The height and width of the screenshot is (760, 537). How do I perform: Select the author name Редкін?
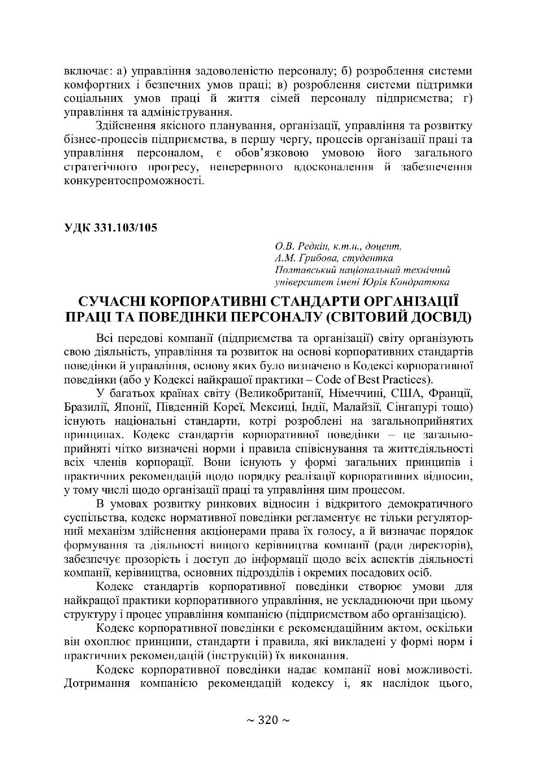coord(312,247)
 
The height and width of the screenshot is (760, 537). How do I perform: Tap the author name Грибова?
coord(315,259)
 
